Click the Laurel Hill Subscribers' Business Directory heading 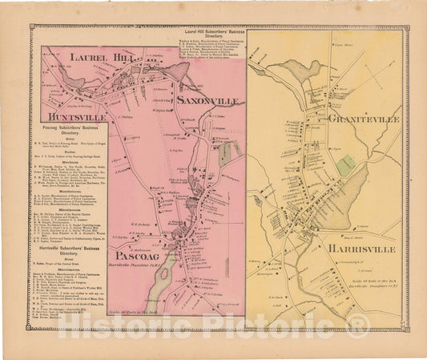coord(205,32)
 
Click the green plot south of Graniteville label coord(345,165)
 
